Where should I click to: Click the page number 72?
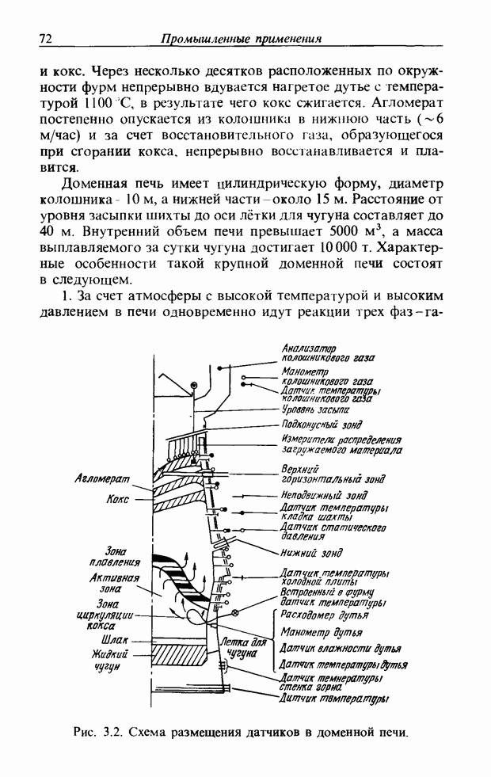click(x=45, y=38)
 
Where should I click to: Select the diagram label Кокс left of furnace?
click(x=119, y=501)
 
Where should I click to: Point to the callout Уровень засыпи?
click(x=316, y=410)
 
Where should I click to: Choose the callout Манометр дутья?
click(x=322, y=632)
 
